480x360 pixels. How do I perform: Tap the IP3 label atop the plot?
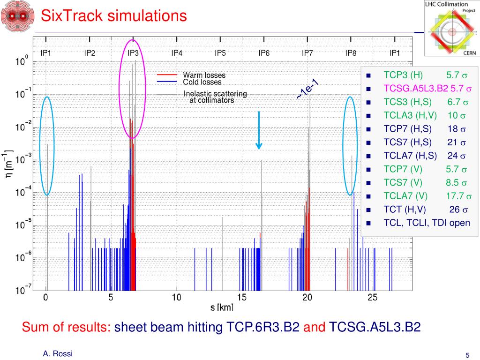click(x=133, y=53)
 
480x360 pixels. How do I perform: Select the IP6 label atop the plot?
click(x=264, y=53)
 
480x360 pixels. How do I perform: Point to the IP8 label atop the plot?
click(x=351, y=53)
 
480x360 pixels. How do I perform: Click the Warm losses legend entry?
click(x=204, y=75)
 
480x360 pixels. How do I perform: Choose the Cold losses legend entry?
click(x=202, y=82)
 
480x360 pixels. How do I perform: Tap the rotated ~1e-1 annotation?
click(x=307, y=89)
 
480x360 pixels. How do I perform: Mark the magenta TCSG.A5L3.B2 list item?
click(x=416, y=88)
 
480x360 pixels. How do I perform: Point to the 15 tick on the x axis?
click(x=241, y=297)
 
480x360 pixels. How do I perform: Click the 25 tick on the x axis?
click(x=372, y=297)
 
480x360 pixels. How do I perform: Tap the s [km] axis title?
click(x=222, y=307)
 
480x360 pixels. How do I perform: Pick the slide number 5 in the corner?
click(x=467, y=355)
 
